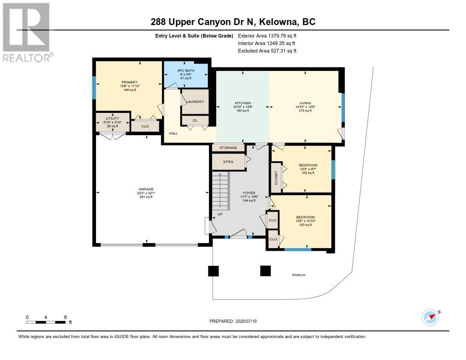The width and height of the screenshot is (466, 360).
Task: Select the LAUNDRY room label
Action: pos(195,101)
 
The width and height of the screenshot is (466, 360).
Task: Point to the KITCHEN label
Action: pos(243,103)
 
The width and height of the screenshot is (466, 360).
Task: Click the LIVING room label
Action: pos(304,103)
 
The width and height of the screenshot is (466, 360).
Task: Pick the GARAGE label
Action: pos(147,189)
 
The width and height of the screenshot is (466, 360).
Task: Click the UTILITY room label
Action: pos(112,118)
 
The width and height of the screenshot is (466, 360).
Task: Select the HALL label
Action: pos(173,133)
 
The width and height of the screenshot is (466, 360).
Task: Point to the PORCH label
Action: pos(299,275)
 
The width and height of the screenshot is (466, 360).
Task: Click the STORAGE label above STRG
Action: pos(228,148)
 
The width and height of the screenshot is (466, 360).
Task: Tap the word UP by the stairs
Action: pos(220,213)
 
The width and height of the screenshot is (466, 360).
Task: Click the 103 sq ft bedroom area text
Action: pos(308,173)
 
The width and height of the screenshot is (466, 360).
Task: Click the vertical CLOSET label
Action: pos(276,178)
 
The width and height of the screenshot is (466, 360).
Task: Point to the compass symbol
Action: pos(430,317)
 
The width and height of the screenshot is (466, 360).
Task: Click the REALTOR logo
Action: pos(27,32)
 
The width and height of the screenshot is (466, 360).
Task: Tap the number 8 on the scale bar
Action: pos(66,317)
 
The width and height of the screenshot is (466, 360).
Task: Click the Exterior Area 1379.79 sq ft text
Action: pos(268,35)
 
